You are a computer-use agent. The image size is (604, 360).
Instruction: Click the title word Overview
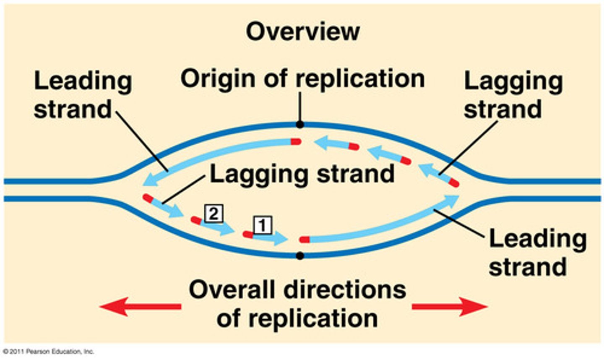(302, 31)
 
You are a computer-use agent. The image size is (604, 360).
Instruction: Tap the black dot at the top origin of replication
(299, 125)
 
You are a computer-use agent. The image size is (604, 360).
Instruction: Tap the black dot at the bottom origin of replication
(299, 256)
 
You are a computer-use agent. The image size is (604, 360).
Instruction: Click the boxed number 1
(263, 225)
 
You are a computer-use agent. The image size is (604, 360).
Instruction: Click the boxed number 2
(213, 214)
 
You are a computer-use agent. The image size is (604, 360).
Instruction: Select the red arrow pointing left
(141, 307)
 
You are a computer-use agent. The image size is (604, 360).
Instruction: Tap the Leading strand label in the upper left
(83, 95)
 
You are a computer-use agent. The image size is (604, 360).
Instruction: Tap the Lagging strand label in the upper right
(513, 95)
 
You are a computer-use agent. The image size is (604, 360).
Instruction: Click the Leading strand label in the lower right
(537, 253)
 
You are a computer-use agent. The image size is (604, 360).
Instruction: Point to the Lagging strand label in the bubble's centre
(302, 173)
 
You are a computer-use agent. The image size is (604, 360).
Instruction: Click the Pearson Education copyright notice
(48, 352)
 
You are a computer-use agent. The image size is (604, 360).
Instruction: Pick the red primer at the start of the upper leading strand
(296, 142)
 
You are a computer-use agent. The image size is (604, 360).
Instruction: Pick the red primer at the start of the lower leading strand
(305, 240)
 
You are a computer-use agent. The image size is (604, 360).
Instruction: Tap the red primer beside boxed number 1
(248, 234)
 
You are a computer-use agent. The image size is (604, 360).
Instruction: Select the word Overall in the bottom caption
(232, 290)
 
